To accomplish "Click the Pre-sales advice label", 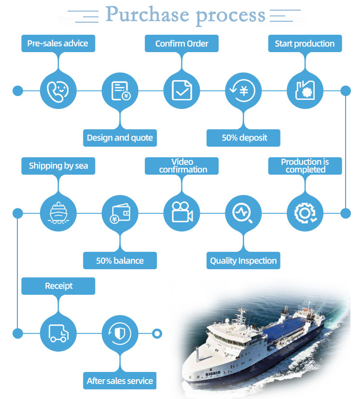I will point(58,43).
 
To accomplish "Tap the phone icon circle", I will point(58,90).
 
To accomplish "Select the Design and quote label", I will point(120,138).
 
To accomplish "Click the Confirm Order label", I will point(182,43).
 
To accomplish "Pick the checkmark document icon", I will point(181,90).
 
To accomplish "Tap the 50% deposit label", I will point(244,138).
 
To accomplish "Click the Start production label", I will point(305,43).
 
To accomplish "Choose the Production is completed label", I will point(305,165).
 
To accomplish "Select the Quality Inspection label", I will point(243,261).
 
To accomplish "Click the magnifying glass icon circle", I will point(243,213).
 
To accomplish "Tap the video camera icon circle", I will point(181,213).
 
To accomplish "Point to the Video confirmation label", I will point(182,165).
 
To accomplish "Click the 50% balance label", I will point(120,261).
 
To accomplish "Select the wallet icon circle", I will point(120,213).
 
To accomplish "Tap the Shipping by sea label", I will point(58,166).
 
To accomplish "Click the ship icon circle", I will point(58,213).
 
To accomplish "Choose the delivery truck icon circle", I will point(58,333).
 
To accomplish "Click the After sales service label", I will point(120,381).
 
